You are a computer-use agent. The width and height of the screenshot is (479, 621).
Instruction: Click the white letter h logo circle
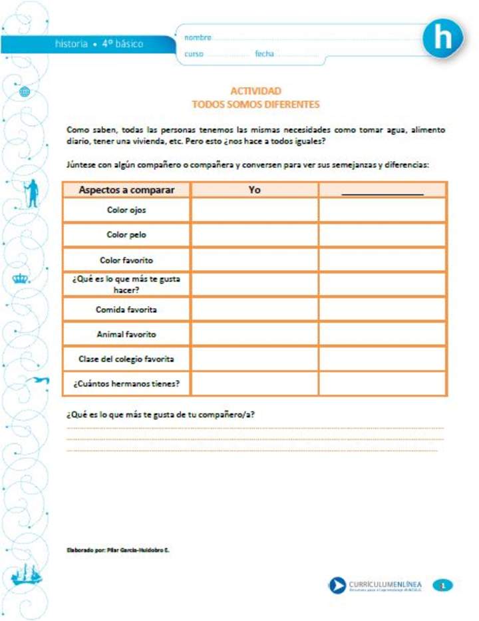click(442, 39)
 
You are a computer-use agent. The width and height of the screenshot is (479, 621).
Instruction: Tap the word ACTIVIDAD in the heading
click(255, 91)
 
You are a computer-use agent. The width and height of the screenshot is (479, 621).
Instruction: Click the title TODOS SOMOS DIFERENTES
click(255, 104)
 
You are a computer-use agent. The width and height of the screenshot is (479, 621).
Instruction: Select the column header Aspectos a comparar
click(126, 190)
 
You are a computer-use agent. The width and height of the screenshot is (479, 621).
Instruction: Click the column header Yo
click(254, 190)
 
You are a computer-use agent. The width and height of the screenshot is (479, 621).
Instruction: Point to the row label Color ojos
click(126, 210)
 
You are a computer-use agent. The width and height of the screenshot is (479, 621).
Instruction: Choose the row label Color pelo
click(126, 234)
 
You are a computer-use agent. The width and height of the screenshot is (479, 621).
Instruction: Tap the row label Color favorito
click(126, 260)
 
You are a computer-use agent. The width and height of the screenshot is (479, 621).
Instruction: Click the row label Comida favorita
click(126, 310)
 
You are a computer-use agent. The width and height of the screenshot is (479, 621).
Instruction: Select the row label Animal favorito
click(126, 334)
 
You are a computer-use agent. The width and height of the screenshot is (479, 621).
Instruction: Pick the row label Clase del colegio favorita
click(126, 359)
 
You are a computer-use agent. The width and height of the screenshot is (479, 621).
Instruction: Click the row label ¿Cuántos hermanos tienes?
click(126, 383)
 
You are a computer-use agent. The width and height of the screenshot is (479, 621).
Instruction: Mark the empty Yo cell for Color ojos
click(254, 210)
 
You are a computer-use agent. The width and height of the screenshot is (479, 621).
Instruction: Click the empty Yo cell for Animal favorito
click(254, 334)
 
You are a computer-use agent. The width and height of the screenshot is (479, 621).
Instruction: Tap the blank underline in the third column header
click(382, 193)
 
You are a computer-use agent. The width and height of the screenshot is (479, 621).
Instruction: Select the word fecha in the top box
click(264, 54)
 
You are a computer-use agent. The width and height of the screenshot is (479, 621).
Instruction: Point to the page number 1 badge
click(442, 585)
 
